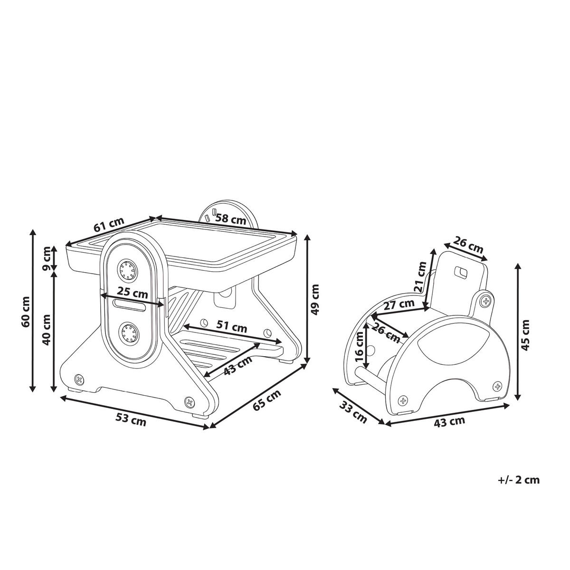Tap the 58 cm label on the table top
[x=231, y=219]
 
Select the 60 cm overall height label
[x=26, y=311]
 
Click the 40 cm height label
[x=47, y=330]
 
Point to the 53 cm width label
[x=131, y=420]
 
